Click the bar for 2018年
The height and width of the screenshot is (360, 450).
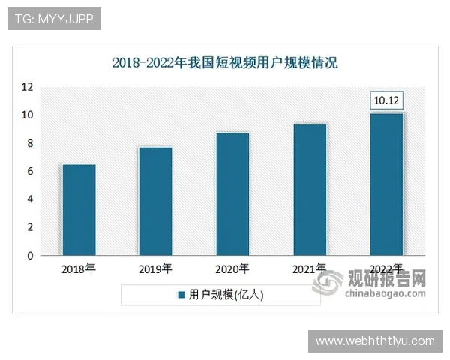78,209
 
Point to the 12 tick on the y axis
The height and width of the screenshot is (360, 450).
27,87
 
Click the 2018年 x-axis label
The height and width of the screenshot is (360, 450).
78,268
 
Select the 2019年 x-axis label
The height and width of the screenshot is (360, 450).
155,268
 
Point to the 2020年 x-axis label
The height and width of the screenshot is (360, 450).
232,268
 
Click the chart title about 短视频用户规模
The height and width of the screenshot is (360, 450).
225,62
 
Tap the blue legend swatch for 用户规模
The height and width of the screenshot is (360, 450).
181,295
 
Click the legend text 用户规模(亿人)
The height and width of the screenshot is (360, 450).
225,295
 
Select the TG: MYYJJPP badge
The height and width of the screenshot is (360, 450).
53,19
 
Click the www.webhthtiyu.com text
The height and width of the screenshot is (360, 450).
375,341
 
